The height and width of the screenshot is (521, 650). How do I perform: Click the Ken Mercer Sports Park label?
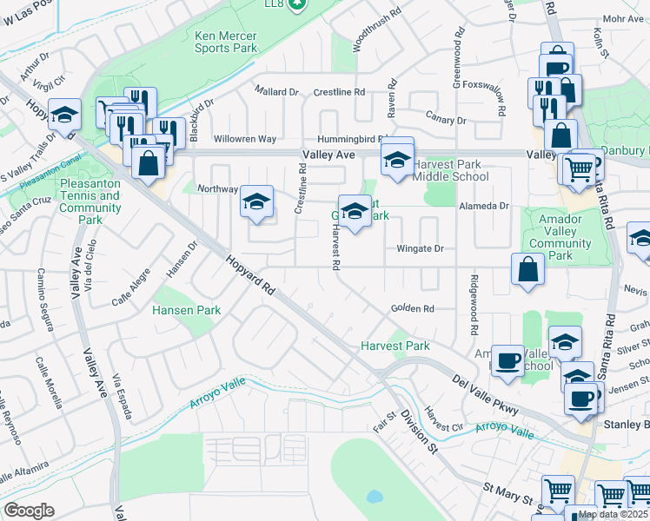click(x=226, y=43)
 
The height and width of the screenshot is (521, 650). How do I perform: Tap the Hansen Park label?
click(x=186, y=310)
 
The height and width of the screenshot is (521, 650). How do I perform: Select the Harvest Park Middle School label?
click(x=450, y=170)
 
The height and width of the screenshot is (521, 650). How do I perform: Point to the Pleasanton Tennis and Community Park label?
click(x=90, y=202)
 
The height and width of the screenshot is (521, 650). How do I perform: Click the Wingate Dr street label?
click(x=420, y=249)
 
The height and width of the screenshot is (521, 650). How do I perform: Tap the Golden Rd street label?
click(x=412, y=308)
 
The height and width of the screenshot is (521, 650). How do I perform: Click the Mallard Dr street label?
click(x=276, y=91)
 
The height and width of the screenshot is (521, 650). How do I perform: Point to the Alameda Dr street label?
click(x=487, y=206)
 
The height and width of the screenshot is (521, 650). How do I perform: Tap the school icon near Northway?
click(x=256, y=201)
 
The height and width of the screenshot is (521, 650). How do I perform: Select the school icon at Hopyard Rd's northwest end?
click(x=64, y=115)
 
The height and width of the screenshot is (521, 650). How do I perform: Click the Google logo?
click(x=29, y=511)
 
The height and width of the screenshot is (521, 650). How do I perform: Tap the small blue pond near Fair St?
click(x=375, y=498)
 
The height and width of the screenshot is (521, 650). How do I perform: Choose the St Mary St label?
click(x=508, y=497)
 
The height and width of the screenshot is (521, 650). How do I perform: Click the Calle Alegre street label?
click(x=130, y=291)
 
